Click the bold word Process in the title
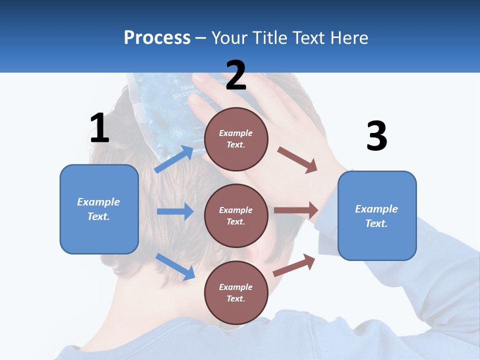click(157, 38)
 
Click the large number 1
click(99, 128)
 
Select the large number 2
click(236, 75)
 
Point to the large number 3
click(376, 136)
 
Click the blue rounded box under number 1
click(99, 209)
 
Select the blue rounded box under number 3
click(377, 215)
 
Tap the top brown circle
click(236, 139)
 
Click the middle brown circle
click(236, 215)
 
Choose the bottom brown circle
click(236, 292)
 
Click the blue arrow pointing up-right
click(174, 159)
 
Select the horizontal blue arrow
click(175, 211)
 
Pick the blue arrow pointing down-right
click(175, 266)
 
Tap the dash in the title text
click(200, 38)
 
